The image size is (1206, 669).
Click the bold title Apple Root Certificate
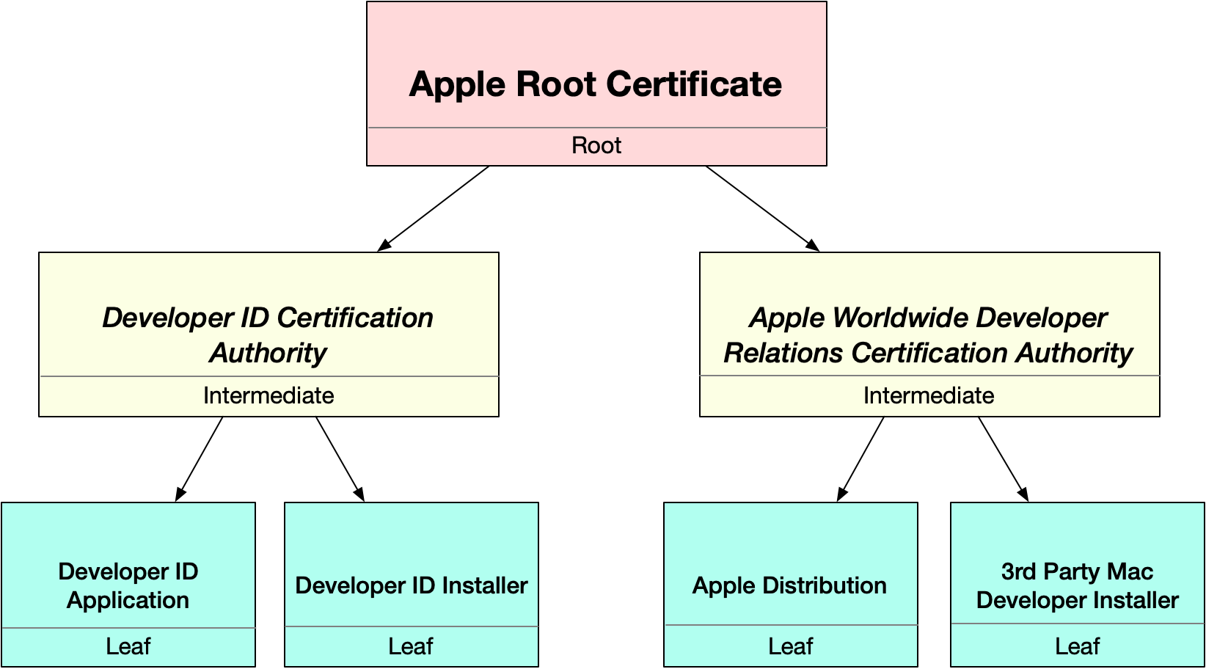point(595,84)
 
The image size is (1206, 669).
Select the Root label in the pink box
point(596,145)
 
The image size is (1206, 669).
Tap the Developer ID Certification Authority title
point(268,334)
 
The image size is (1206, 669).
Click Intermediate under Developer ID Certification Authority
point(268,395)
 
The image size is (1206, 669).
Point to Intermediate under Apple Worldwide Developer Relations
point(929,395)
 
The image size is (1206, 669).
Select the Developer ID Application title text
point(128,585)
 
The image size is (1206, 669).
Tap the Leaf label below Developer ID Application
point(128,646)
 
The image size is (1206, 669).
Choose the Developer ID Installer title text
point(412,585)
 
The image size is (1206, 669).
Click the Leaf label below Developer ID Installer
point(411,646)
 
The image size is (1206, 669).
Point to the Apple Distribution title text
point(789,585)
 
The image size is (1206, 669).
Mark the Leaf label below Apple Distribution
point(790,646)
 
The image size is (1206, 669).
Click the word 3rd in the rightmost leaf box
point(1018,571)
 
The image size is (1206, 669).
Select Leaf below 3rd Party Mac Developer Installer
point(1077,646)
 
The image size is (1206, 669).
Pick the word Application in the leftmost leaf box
point(128,600)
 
